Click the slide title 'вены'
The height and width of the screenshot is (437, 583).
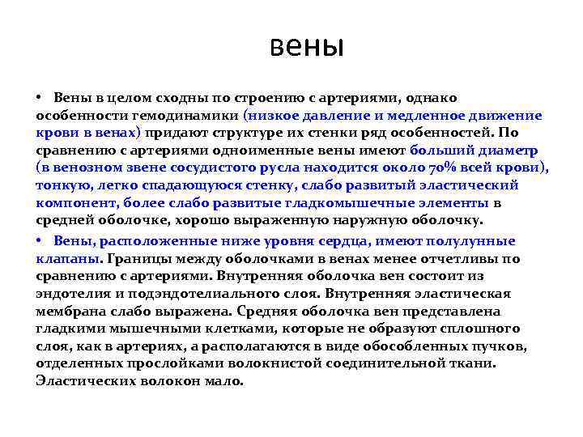coord(307,46)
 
